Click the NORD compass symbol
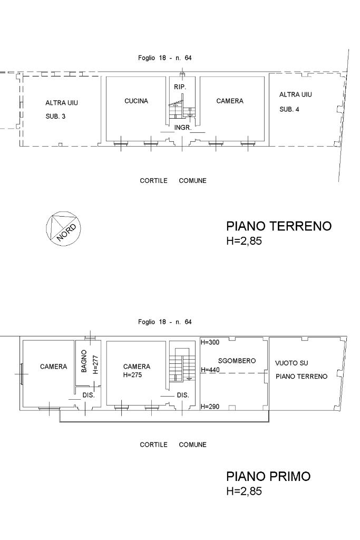click(x=63, y=227)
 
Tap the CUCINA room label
click(x=137, y=101)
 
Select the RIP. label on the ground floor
click(x=180, y=87)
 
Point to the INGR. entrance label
click(x=182, y=128)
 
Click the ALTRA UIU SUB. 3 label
click(x=62, y=110)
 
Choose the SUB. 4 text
click(x=289, y=109)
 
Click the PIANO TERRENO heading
click(x=279, y=226)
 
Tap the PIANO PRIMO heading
click(x=268, y=476)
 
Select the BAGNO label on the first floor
click(x=84, y=361)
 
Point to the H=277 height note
click(x=95, y=365)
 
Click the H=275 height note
click(x=132, y=375)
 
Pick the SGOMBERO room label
click(x=237, y=361)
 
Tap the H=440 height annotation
click(x=210, y=370)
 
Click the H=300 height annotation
click(x=210, y=342)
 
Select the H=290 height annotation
click(x=210, y=407)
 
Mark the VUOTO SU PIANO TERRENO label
click(x=301, y=370)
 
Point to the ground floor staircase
click(x=182, y=109)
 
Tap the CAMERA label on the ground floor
click(x=230, y=101)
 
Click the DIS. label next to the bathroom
click(x=89, y=395)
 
